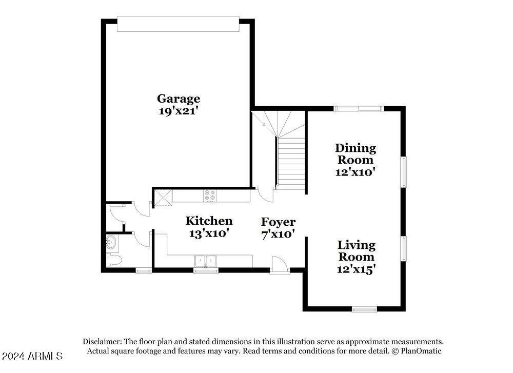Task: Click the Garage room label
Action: coord(178,99)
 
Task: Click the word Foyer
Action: coord(278,222)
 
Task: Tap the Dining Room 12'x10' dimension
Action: coord(356,172)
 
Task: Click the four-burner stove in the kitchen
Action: coord(210,195)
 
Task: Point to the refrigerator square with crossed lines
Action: coord(163,197)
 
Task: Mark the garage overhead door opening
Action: coord(178,24)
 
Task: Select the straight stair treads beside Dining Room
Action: coord(291,162)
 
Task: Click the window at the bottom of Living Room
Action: coord(364,309)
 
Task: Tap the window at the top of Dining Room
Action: coord(358,108)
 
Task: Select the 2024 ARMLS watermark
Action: coord(32,356)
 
